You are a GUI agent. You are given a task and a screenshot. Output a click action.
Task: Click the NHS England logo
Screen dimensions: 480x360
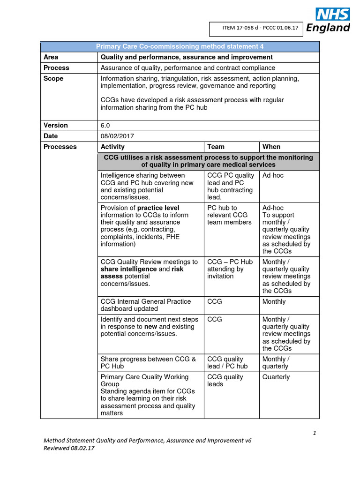pyautogui.click(x=328, y=21)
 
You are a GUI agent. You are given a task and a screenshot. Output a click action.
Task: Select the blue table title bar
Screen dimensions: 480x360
pyautogui.click(x=180, y=46)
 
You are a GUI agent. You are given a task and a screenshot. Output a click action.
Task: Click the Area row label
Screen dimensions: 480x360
pyautogui.click(x=51, y=57)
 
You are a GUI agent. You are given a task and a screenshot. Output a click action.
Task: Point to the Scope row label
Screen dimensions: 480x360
pyautogui.click(x=53, y=79)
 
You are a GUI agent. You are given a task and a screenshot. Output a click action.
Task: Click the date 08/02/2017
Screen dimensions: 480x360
pyautogui.click(x=117, y=136)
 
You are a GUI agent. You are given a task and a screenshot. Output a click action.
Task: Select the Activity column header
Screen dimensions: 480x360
pyautogui.click(x=112, y=147)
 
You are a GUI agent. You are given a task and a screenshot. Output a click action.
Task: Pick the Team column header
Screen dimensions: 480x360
pyautogui.click(x=216, y=147)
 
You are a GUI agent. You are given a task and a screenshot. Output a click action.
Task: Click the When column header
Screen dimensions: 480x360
pyautogui.click(x=271, y=147)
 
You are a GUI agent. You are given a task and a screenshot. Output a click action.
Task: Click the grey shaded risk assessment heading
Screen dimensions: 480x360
pyautogui.click(x=208, y=161)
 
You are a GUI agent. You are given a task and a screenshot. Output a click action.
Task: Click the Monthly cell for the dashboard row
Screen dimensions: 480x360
pyautogui.click(x=274, y=302)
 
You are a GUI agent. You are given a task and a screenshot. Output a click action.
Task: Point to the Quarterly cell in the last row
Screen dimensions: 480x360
pyautogui.click(x=276, y=377)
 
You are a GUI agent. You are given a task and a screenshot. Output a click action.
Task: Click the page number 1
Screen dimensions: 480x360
pyautogui.click(x=315, y=433)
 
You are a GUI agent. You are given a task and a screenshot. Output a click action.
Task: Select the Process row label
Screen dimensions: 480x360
pyautogui.click(x=56, y=68)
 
